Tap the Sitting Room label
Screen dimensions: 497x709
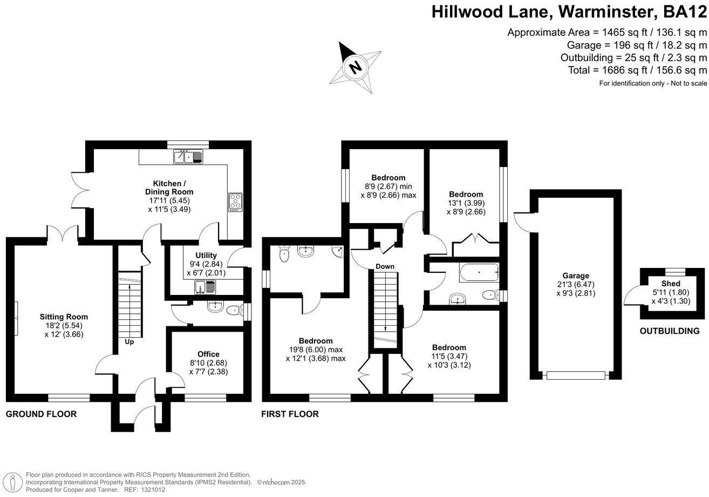pos(63,317)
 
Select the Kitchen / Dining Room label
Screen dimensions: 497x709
pos(169,187)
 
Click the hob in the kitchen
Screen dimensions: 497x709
pos(236,201)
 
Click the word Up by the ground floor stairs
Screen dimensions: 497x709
pos(129,341)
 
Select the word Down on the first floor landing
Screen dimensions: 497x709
pos(385,266)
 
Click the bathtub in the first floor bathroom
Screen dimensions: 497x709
pos(479,272)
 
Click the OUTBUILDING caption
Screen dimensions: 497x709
pos(669,331)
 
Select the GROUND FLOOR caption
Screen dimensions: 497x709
pos(41,414)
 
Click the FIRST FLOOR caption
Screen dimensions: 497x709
pos(290,414)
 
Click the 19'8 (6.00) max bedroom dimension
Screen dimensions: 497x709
pos(316,350)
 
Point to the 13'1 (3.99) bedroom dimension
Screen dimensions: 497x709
pos(467,203)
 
